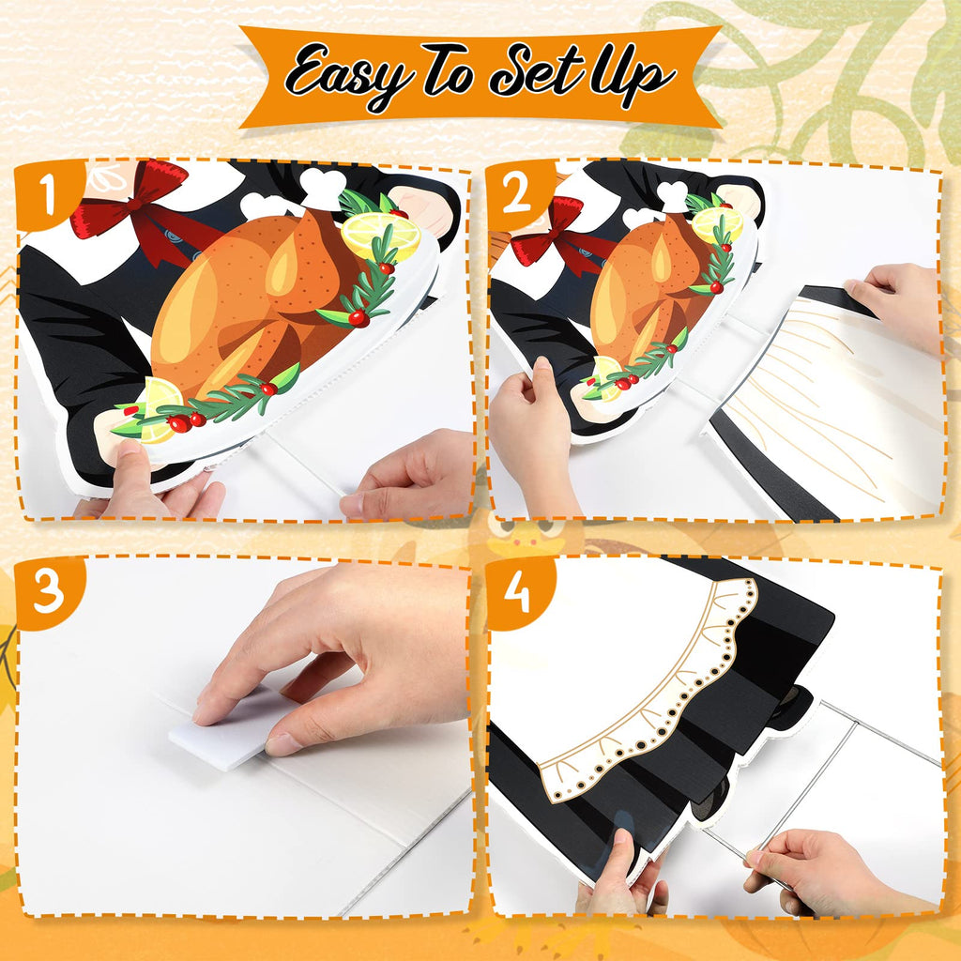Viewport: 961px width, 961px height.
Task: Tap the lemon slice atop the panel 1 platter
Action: point(381,236)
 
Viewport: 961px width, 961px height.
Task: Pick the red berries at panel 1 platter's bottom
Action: point(188,421)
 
